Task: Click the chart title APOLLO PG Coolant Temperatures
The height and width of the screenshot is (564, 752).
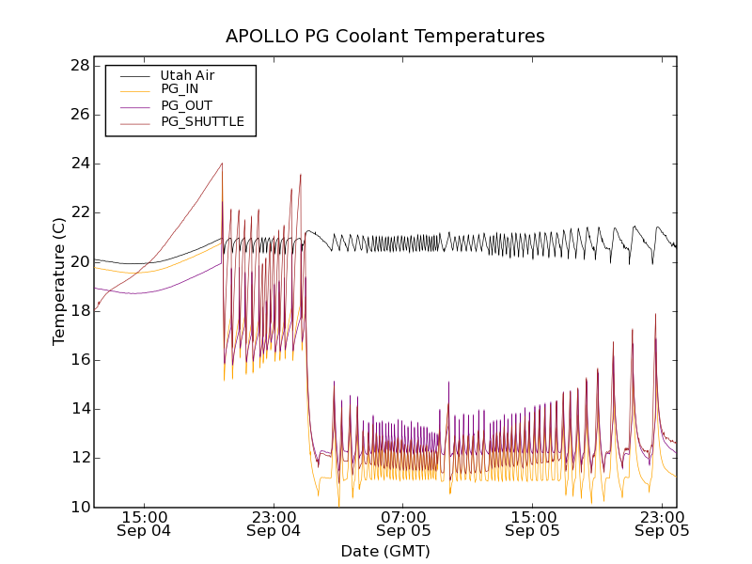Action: [385, 37]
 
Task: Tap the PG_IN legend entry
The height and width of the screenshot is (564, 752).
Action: [180, 89]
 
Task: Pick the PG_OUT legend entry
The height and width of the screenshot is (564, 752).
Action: [186, 105]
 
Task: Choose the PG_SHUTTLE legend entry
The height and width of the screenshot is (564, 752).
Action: [202, 121]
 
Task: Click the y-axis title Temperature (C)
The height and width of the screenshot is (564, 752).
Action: [59, 282]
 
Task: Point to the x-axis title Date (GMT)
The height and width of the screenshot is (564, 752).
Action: [385, 551]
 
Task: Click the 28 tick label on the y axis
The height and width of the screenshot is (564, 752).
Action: [79, 66]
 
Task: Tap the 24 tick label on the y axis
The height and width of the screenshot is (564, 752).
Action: [79, 164]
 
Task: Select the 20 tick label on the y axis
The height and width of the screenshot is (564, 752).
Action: [79, 261]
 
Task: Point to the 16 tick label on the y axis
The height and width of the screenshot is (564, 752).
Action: [79, 360]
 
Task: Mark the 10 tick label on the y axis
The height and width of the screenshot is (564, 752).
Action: [79, 507]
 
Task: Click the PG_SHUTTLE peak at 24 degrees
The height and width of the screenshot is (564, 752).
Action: [222, 164]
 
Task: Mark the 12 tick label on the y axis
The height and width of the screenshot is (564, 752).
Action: [79, 458]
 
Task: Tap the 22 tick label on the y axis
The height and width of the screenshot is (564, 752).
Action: [79, 212]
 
